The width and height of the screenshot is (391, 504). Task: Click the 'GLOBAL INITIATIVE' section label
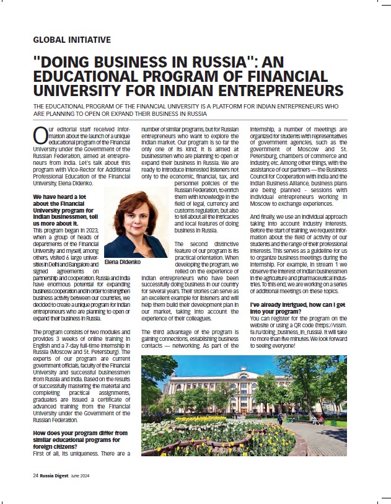(71, 40)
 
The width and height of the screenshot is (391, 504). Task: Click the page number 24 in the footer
(36, 475)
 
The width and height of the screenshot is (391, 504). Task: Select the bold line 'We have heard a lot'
(61, 198)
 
